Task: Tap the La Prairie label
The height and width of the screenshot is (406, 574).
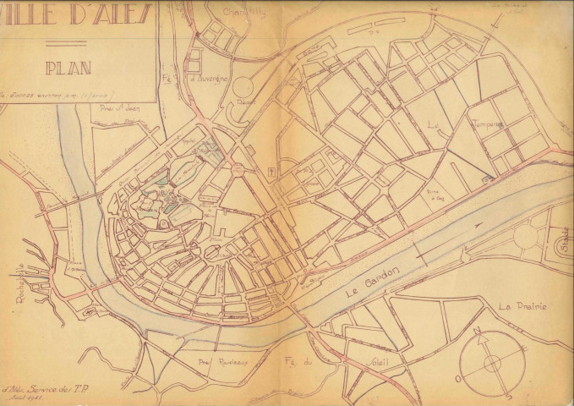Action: click(x=522, y=306)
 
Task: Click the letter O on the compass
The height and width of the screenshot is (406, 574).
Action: click(x=459, y=380)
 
